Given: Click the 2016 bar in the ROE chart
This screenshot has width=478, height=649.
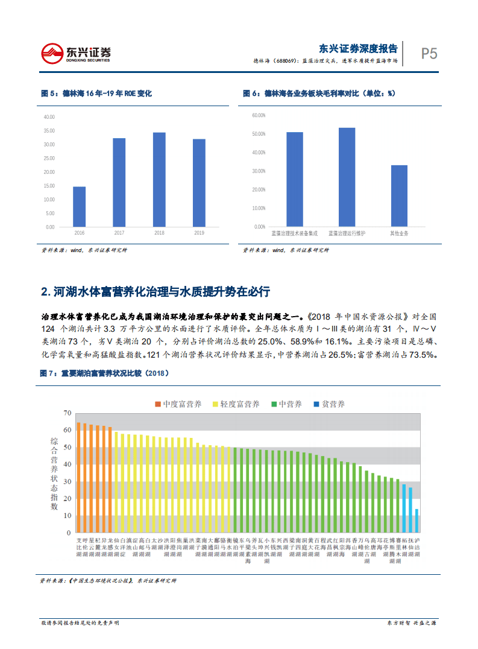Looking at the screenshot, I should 79,207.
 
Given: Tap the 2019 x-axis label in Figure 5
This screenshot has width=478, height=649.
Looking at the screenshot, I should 199,233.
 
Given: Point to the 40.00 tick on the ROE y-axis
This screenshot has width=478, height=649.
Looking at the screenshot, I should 49,116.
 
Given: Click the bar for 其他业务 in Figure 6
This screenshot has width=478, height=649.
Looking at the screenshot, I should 399,195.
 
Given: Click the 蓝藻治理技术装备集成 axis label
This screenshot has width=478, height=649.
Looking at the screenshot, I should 294,233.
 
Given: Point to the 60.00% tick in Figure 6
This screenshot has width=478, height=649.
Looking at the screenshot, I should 259,115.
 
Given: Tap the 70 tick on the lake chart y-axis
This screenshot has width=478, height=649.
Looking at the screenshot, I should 67,413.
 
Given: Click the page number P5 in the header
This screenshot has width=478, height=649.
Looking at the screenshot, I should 429,54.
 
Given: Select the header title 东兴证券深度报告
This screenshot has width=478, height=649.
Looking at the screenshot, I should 357,49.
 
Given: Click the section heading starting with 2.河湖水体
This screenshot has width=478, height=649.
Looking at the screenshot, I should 156,292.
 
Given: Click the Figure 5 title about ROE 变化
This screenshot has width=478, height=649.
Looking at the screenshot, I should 96,93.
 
